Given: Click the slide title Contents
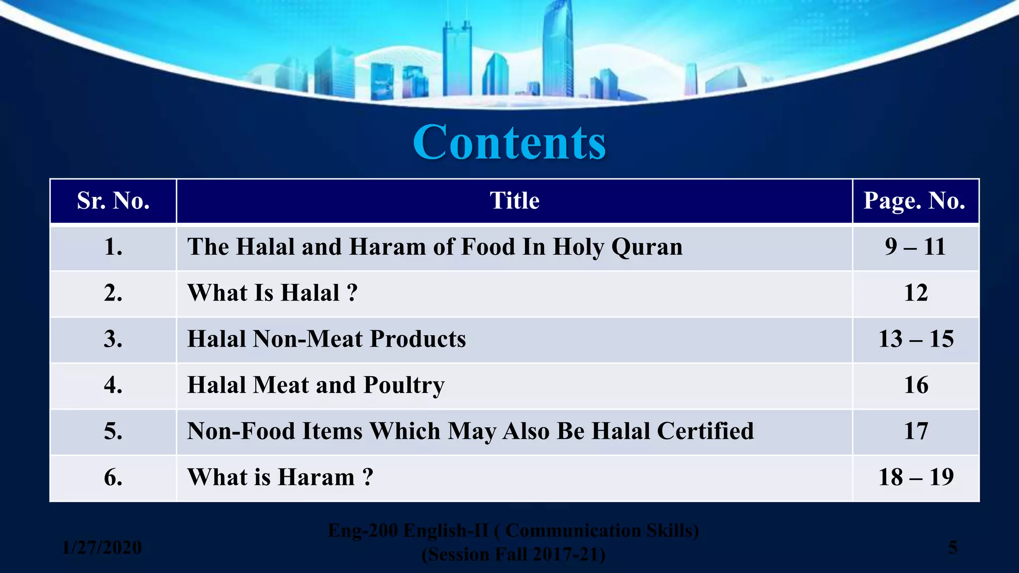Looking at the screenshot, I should click(x=509, y=143).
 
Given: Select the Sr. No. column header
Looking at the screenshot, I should click(x=113, y=201).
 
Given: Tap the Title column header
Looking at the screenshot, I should click(x=514, y=201).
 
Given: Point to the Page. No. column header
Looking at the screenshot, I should click(x=915, y=201).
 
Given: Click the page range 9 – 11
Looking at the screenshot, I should click(x=915, y=247).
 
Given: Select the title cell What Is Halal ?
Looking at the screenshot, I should click(x=272, y=293).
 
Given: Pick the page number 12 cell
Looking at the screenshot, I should click(x=916, y=293).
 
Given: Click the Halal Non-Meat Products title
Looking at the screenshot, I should click(x=326, y=339).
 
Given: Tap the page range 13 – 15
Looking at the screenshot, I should click(x=916, y=339).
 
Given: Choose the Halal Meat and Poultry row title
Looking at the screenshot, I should click(x=315, y=385).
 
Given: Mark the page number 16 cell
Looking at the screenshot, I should click(x=916, y=385).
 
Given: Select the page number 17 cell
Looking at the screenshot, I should click(x=916, y=431).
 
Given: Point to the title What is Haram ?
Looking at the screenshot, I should click(x=280, y=477).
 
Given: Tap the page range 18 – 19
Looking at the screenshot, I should click(x=916, y=477).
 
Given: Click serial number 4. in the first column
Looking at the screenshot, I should click(x=113, y=385).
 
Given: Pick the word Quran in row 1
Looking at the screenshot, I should click(x=647, y=247).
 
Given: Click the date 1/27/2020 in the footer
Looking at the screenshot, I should click(x=102, y=548).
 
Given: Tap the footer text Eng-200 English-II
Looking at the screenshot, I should click(x=408, y=531).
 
